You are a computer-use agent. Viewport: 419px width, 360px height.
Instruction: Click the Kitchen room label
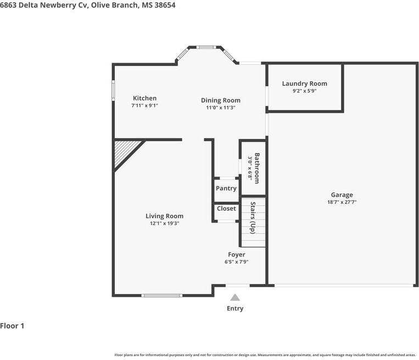pyautogui.click(x=144, y=98)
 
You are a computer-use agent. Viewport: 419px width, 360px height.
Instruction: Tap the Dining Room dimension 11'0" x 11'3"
pyautogui.click(x=220, y=108)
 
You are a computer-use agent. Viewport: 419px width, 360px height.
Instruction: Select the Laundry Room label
pyautogui.click(x=304, y=84)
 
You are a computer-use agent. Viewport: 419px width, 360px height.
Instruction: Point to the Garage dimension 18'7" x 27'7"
pyautogui.click(x=342, y=202)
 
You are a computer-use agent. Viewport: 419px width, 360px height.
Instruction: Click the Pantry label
pyautogui.click(x=226, y=189)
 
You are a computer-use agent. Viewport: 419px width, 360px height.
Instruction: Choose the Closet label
pyautogui.click(x=226, y=208)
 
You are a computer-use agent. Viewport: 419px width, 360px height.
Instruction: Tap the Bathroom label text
pyautogui.click(x=257, y=168)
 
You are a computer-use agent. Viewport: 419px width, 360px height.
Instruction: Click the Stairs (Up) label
pyautogui.click(x=253, y=218)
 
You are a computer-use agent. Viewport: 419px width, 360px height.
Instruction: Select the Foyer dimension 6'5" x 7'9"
pyautogui.click(x=237, y=262)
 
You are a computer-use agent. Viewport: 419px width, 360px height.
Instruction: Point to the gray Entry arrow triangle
pyautogui.click(x=235, y=297)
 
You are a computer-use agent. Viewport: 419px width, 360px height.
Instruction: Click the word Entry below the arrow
pyautogui.click(x=235, y=308)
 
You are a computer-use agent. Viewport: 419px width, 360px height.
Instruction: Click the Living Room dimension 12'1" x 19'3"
pyautogui.click(x=164, y=223)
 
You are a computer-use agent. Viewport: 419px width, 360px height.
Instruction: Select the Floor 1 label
pyautogui.click(x=12, y=326)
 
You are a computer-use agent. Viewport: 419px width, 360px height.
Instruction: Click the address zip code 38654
pyautogui.click(x=165, y=5)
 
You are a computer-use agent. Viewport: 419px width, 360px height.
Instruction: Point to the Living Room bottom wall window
pyautogui.click(x=161, y=296)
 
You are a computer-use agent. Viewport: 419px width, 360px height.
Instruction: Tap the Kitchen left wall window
pyautogui.click(x=113, y=91)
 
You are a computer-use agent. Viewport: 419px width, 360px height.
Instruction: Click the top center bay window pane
pyautogui.click(x=206, y=47)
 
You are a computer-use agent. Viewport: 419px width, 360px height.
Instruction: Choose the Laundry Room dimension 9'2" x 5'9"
pyautogui.click(x=304, y=91)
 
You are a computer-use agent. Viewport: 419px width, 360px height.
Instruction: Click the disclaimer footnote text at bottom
pyautogui.click(x=265, y=355)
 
